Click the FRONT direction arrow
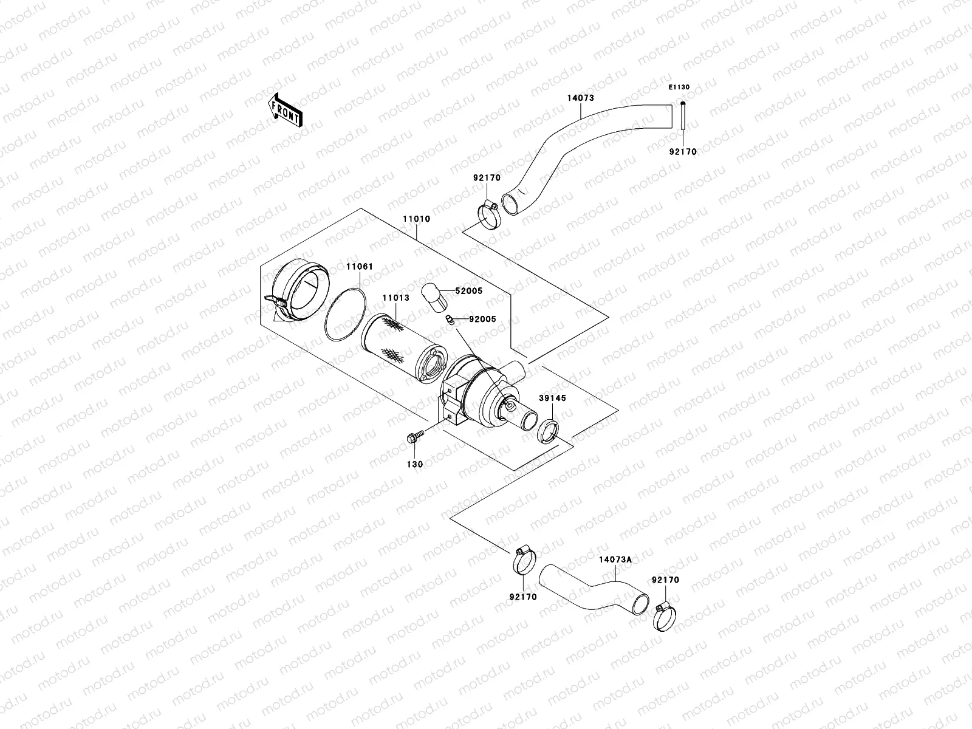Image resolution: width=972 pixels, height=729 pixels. point(286,111)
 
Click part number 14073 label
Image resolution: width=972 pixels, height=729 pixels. point(580,98)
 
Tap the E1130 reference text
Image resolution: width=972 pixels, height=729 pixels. point(679,87)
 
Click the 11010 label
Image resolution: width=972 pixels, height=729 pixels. point(416,219)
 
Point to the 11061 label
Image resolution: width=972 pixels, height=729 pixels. point(359,267)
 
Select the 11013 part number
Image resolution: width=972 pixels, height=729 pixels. point(395,298)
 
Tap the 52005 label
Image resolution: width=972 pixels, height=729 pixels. point(468,291)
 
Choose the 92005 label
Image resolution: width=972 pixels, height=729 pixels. point(482,319)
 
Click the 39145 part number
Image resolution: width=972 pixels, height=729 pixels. point(552,399)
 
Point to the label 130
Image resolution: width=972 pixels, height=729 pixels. point(416,464)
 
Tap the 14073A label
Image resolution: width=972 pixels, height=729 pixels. point(615,559)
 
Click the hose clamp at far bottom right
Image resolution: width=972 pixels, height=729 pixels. point(665,616)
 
